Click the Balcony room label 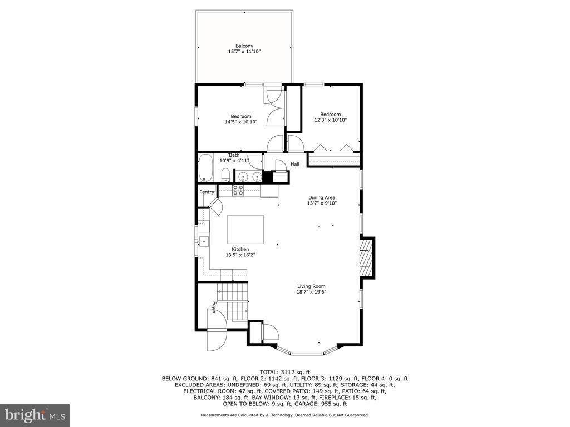click(244, 46)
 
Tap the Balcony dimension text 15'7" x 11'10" click(244, 52)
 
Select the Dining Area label click(322, 197)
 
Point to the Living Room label click(311, 286)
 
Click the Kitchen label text click(240, 249)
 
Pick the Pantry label click(207, 192)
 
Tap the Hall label click(295, 164)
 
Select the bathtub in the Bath click(206, 168)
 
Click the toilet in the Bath click(225, 175)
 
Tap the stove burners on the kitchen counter click(238, 190)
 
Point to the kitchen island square click(245, 229)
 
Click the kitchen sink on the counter click(203, 241)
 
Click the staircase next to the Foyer click(233, 301)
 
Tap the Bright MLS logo click(35, 414)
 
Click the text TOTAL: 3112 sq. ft click(284, 372)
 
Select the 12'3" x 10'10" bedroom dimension click(331, 120)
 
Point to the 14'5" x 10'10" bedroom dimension click(241, 122)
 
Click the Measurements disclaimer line click(284, 415)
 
